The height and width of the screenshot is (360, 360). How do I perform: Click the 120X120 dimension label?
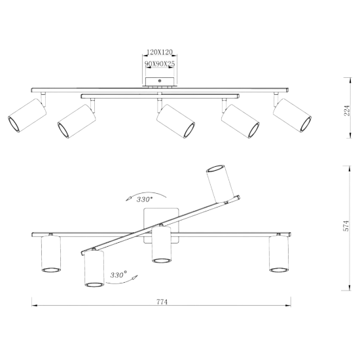[x=160, y=52]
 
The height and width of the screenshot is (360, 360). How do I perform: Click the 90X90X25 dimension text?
[x=160, y=64]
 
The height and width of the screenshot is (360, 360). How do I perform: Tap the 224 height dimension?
[x=347, y=111]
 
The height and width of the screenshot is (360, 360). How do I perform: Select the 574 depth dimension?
[x=346, y=226]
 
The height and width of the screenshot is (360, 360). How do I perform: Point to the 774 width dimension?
[x=162, y=302]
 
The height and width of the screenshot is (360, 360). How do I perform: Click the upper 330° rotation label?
[x=145, y=199]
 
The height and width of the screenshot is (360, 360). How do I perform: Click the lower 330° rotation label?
[x=118, y=275]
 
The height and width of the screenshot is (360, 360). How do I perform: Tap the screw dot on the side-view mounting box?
[x=160, y=81]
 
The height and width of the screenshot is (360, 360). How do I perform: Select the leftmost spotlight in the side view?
[x=27, y=115]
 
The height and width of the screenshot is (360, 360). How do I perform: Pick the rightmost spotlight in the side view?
[x=292, y=115]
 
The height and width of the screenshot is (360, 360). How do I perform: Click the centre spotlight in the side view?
[x=175, y=121]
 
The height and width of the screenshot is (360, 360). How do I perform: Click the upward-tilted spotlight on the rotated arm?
[x=219, y=183]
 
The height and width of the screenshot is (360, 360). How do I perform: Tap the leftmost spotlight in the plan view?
[x=51, y=254]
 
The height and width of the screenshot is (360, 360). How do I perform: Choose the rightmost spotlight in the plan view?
[x=279, y=254]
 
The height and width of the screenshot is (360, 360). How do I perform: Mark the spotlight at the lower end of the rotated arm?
[x=94, y=268]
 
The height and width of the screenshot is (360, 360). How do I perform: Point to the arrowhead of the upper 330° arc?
[x=128, y=198]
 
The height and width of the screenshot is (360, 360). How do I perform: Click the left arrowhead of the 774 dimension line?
[x=35, y=306]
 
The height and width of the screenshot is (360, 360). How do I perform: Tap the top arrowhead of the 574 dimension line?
[x=350, y=169]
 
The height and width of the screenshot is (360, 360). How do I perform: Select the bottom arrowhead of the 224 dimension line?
[x=350, y=135]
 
